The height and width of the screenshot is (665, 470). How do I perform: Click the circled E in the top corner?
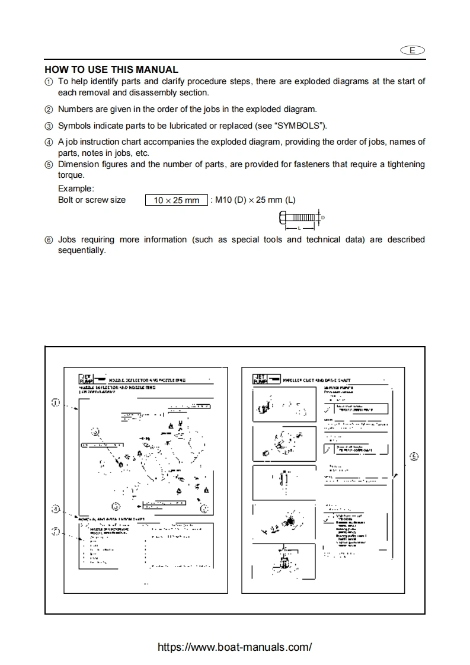(x=413, y=51)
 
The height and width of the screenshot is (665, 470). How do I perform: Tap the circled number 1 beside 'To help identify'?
(x=49, y=82)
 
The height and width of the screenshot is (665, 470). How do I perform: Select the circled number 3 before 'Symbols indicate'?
(x=49, y=126)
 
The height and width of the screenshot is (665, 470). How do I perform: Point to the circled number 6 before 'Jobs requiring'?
(x=49, y=240)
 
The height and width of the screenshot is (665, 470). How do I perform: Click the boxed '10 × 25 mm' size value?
(x=177, y=200)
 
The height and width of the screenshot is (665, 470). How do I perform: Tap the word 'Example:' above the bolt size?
(x=76, y=188)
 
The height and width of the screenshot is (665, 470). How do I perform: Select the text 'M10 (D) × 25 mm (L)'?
(x=253, y=200)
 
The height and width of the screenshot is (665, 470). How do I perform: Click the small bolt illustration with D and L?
(x=298, y=219)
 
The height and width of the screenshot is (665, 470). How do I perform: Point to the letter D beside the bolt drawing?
(x=323, y=218)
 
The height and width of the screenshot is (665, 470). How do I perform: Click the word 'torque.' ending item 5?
(x=71, y=175)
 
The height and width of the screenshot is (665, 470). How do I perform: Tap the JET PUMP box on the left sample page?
(x=85, y=379)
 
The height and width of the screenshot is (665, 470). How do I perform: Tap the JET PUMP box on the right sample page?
(x=260, y=379)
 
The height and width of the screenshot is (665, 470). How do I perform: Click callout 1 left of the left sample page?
(x=55, y=402)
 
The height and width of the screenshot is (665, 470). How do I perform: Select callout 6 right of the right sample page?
(x=414, y=456)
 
